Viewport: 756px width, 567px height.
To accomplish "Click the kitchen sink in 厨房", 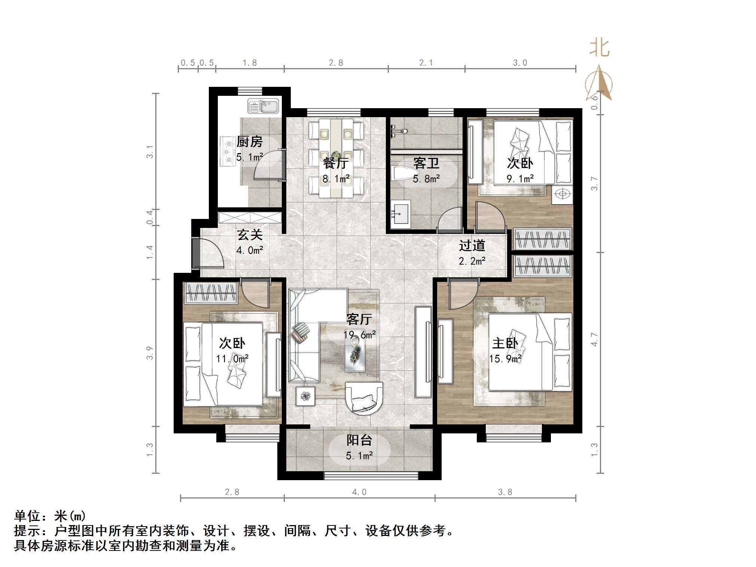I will tap(263, 106).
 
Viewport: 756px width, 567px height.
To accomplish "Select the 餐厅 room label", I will tap(336, 164).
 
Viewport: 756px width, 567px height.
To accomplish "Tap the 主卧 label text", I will tap(505, 343).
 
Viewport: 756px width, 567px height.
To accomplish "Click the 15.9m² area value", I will tap(505, 359).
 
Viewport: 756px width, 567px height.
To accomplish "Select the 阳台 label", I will tap(359, 440).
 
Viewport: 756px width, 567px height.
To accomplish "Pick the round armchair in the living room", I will tap(364, 398).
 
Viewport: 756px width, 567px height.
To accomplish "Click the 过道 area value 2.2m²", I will tap(472, 261).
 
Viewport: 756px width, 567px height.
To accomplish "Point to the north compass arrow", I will tap(599, 83).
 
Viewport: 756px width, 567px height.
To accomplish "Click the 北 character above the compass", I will tap(600, 48).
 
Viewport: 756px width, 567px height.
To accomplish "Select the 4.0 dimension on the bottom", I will tap(359, 492).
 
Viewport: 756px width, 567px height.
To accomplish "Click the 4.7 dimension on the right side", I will tap(594, 339).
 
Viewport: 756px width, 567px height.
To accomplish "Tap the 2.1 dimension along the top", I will tap(426, 63).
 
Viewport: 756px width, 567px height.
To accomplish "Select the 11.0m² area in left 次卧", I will tap(232, 359).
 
